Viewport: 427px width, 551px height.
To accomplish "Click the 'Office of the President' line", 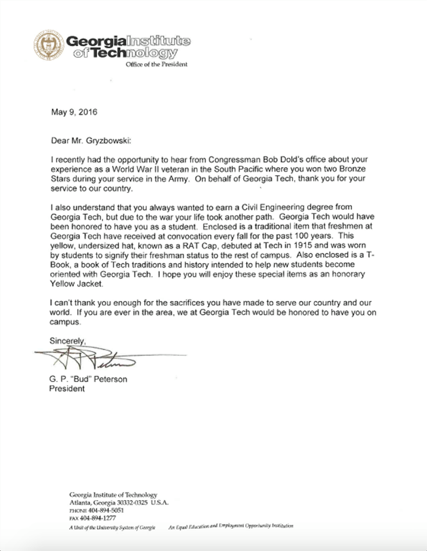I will click(156, 64).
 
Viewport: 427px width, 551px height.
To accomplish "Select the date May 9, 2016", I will click(74, 112).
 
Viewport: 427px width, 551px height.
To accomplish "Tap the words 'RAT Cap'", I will click(196, 245).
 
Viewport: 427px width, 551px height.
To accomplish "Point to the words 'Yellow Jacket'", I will click(76, 284).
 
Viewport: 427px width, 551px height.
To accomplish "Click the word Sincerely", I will click(67, 341).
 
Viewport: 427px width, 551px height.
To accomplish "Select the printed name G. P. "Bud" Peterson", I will click(88, 380).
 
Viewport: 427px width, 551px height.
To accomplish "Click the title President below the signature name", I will click(67, 389).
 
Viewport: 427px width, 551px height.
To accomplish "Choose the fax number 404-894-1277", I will click(98, 518).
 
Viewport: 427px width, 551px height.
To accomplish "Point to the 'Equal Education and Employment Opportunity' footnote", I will click(230, 527).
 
